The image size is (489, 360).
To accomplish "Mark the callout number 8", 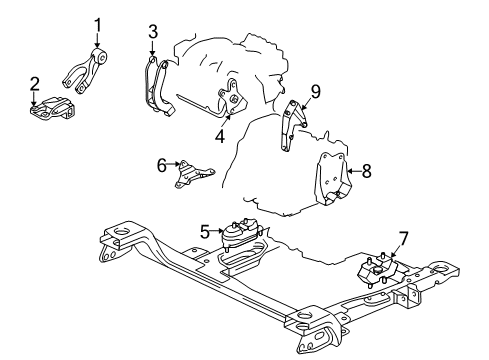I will pos(366,171).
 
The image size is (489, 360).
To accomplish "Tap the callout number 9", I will pos(315,92).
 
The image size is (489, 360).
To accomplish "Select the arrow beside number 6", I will pos(174,164).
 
